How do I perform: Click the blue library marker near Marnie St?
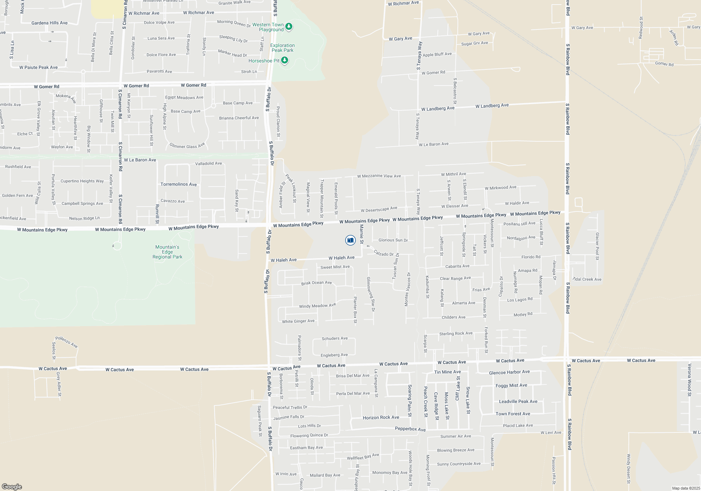pyautogui.click(x=350, y=240)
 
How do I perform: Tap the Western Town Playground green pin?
pyautogui.click(x=289, y=27)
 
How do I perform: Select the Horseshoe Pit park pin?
pyautogui.click(x=285, y=61)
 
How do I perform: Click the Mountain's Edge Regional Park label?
pyautogui.click(x=167, y=252)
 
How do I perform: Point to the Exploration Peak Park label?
pyautogui.click(x=282, y=48)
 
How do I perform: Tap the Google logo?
pyautogui.click(x=12, y=487)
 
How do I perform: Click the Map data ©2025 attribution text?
pyautogui.click(x=686, y=488)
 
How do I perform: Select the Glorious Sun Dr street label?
pyautogui.click(x=393, y=240)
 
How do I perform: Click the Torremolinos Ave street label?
pyautogui.click(x=178, y=184)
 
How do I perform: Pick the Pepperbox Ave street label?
pyautogui.click(x=410, y=429)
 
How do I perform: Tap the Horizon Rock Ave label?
pyautogui.click(x=381, y=417)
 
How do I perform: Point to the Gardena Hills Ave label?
pyautogui.click(x=49, y=23)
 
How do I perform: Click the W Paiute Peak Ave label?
pyautogui.click(x=39, y=67)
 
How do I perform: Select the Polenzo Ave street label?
pyautogui.click(x=66, y=342)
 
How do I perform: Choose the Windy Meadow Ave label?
pyautogui.click(x=317, y=305)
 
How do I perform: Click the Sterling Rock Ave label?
pyautogui.click(x=456, y=334)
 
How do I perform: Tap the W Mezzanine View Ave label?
pyautogui.click(x=379, y=176)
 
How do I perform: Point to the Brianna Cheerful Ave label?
pyautogui.click(x=239, y=118)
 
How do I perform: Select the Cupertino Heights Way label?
pyautogui.click(x=82, y=181)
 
